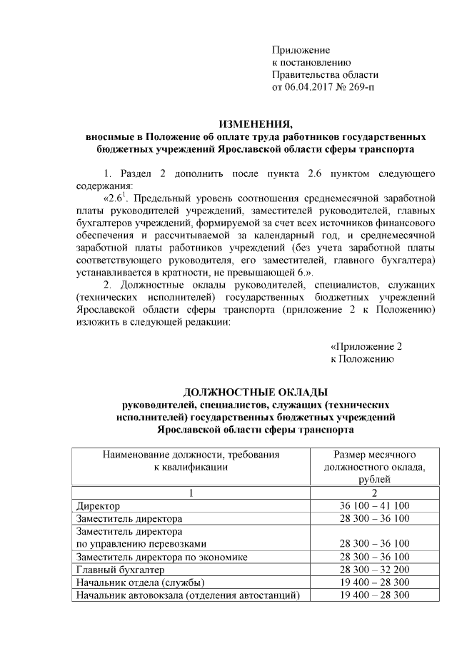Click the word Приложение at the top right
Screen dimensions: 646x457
pos(301,50)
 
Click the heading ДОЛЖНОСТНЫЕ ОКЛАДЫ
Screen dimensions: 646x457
pos(255,392)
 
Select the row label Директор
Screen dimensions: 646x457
pos(99,506)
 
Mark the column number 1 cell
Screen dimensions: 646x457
pos(191,493)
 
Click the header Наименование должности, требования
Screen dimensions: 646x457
pos(191,454)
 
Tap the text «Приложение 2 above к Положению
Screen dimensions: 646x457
pos(366,346)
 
